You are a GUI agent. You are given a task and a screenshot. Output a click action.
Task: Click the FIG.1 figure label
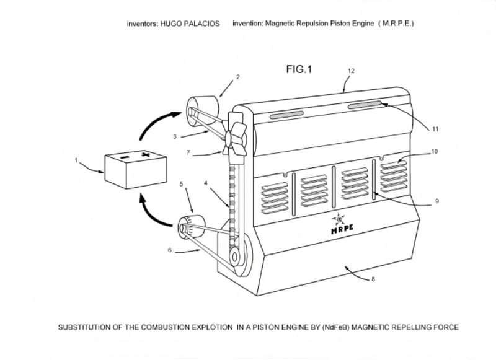[x=299, y=70]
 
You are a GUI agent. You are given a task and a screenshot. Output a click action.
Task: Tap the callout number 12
[x=351, y=71]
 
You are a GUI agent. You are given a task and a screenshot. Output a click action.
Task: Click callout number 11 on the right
[x=435, y=129]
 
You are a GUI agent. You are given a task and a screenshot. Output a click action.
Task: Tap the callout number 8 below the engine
[x=373, y=279]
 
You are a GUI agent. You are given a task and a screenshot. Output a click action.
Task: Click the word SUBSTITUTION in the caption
[x=85, y=327]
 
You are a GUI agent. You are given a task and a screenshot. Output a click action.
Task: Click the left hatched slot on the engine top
[x=287, y=115]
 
